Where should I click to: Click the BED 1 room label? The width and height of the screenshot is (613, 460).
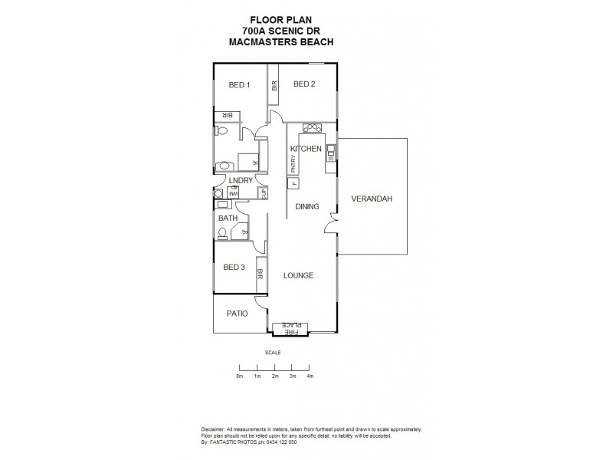click(x=239, y=85)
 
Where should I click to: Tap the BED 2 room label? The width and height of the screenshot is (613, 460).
click(x=304, y=84)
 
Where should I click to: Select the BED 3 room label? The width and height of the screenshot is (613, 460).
click(x=234, y=268)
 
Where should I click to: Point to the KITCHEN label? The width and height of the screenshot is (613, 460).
click(x=305, y=149)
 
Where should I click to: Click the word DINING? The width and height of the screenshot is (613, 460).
click(x=306, y=206)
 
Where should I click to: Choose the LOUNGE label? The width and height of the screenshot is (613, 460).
click(x=298, y=275)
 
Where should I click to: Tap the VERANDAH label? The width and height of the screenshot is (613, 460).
click(x=372, y=199)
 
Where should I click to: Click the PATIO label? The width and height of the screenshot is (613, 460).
click(x=236, y=314)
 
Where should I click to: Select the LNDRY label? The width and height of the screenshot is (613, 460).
click(x=241, y=181)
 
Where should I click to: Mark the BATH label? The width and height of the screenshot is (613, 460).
click(x=228, y=219)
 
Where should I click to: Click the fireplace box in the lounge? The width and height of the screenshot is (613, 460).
click(x=290, y=328)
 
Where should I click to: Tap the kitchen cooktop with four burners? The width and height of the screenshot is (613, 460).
click(x=310, y=128)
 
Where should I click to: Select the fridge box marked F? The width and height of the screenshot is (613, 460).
click(x=293, y=183)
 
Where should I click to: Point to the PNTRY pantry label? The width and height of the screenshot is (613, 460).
click(x=293, y=165)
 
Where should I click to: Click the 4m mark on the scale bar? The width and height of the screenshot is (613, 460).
click(x=310, y=376)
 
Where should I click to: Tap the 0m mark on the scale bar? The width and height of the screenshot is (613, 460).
click(x=239, y=376)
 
